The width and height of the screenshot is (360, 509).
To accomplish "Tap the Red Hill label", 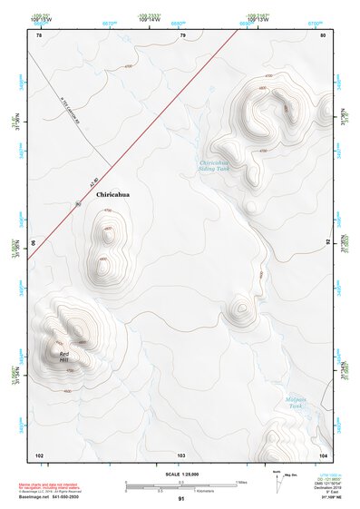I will [63, 357].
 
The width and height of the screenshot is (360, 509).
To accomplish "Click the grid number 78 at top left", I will [39, 34].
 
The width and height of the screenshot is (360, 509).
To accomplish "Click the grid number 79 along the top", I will [182, 34].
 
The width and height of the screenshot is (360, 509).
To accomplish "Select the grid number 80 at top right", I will [323, 34].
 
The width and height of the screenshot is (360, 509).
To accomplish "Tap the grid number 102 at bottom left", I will [39, 454].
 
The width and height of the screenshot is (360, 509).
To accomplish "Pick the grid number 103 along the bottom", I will [181, 454].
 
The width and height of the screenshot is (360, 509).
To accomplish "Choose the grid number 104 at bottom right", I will [323, 454].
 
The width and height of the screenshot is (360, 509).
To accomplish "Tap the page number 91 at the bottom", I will [181, 500].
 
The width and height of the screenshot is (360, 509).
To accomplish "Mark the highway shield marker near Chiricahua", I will [79, 204].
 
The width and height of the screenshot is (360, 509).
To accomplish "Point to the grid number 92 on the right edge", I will [327, 244].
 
